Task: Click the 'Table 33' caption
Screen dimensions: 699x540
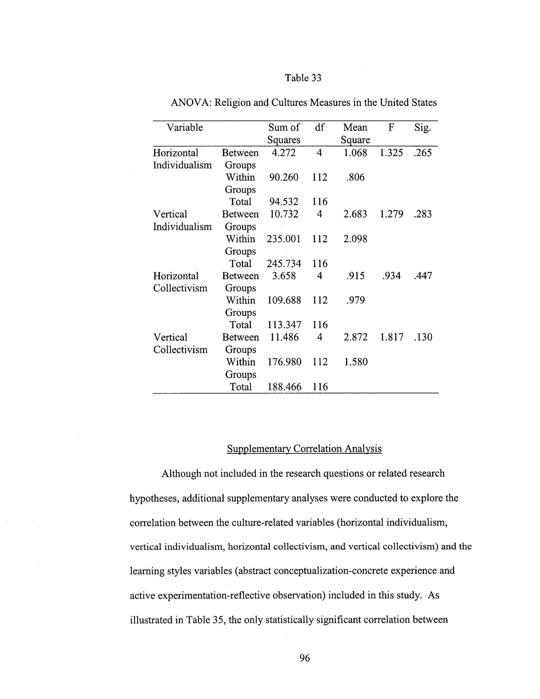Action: tap(303, 78)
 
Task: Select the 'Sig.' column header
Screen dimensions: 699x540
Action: tap(422, 127)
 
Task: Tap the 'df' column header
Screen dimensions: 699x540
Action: tap(319, 127)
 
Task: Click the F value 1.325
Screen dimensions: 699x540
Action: tap(391, 153)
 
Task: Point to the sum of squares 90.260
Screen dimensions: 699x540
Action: tap(283, 177)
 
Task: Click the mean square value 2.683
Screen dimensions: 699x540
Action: tap(355, 214)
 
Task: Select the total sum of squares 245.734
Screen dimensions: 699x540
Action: tap(284, 264)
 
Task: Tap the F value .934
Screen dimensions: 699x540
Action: tap(391, 276)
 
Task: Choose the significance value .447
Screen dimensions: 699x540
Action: tap(423, 276)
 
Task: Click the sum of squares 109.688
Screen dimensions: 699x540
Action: tap(284, 300)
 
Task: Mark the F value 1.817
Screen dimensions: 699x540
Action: tap(392, 337)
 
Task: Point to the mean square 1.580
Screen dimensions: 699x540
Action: tap(356, 362)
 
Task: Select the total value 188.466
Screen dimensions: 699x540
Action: tap(284, 387)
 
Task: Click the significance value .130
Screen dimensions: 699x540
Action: tap(423, 337)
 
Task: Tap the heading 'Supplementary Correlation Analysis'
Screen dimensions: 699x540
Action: tap(304, 448)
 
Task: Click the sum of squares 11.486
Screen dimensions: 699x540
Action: tap(284, 337)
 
